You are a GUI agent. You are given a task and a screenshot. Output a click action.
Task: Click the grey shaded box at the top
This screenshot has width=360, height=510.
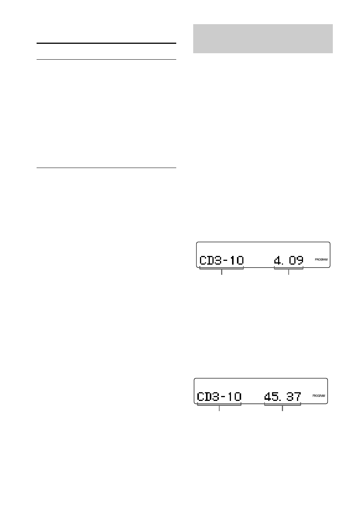[x=263, y=39]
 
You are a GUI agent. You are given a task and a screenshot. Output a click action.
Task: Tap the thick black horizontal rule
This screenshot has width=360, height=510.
[x=106, y=43]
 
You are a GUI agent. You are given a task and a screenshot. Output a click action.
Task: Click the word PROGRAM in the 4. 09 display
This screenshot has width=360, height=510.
[x=321, y=260]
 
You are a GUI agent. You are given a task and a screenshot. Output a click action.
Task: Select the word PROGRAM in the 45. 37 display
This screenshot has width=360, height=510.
[x=318, y=396]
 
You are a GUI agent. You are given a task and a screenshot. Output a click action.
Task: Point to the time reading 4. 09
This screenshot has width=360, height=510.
[x=289, y=260]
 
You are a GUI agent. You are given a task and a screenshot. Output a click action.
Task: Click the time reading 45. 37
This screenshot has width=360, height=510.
[x=283, y=396]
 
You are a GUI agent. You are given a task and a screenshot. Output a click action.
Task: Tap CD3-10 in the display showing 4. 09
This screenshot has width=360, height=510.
[x=222, y=260]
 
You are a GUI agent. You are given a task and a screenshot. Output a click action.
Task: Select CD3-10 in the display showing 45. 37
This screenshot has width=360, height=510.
[x=219, y=396]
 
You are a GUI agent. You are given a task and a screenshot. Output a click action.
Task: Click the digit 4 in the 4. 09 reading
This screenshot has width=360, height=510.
[x=278, y=260]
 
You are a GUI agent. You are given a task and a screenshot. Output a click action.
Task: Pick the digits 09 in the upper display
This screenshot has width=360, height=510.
[x=296, y=260]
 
